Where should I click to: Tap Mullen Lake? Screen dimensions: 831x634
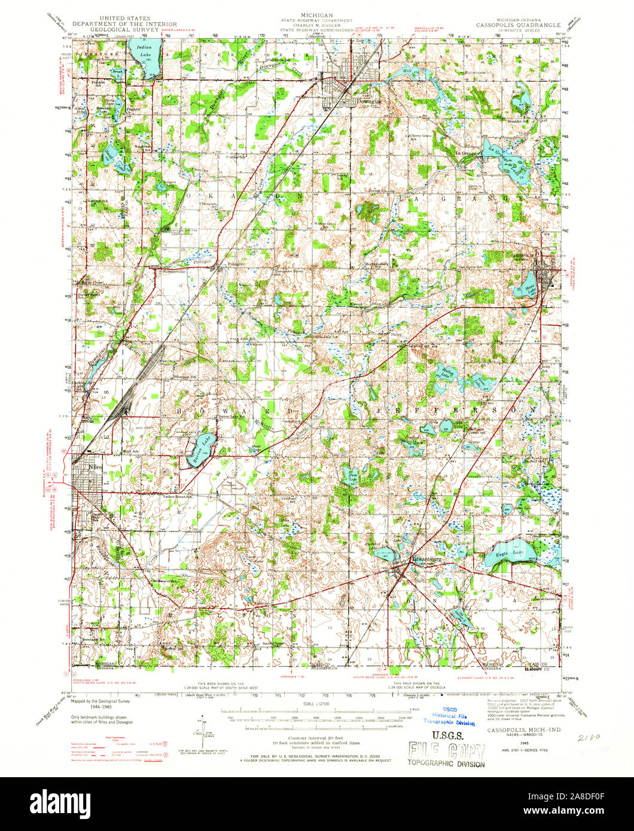pos(447,375)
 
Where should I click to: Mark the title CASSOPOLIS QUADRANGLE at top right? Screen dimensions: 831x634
pos(518,26)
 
